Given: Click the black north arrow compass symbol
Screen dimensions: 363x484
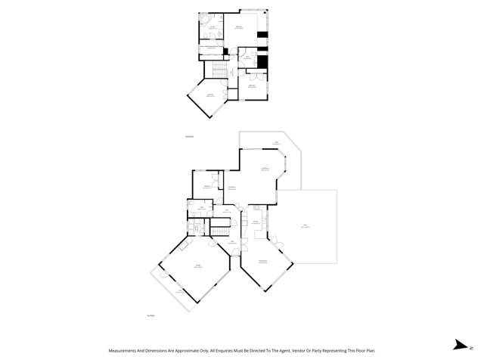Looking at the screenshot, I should [x=459, y=346].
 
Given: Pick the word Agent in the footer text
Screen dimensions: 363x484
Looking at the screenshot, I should [x=278, y=351].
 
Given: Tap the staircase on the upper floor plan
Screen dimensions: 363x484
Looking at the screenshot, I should [x=216, y=70].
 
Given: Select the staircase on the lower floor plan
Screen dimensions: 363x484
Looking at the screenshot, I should [x=219, y=228].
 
